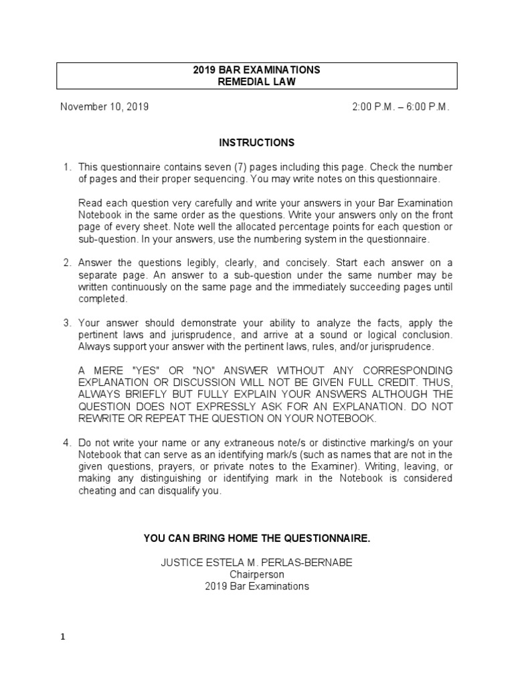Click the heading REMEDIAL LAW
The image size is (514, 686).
coord(256,82)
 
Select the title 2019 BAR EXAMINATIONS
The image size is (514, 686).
coord(256,70)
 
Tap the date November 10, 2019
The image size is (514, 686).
coord(104,107)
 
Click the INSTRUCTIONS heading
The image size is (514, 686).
coord(256,143)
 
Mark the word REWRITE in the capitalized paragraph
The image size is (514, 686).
coord(104,419)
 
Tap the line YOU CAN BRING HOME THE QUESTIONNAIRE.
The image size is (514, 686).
coord(256,538)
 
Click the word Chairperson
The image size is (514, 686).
coord(257,574)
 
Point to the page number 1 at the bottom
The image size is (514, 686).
coord(63,638)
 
